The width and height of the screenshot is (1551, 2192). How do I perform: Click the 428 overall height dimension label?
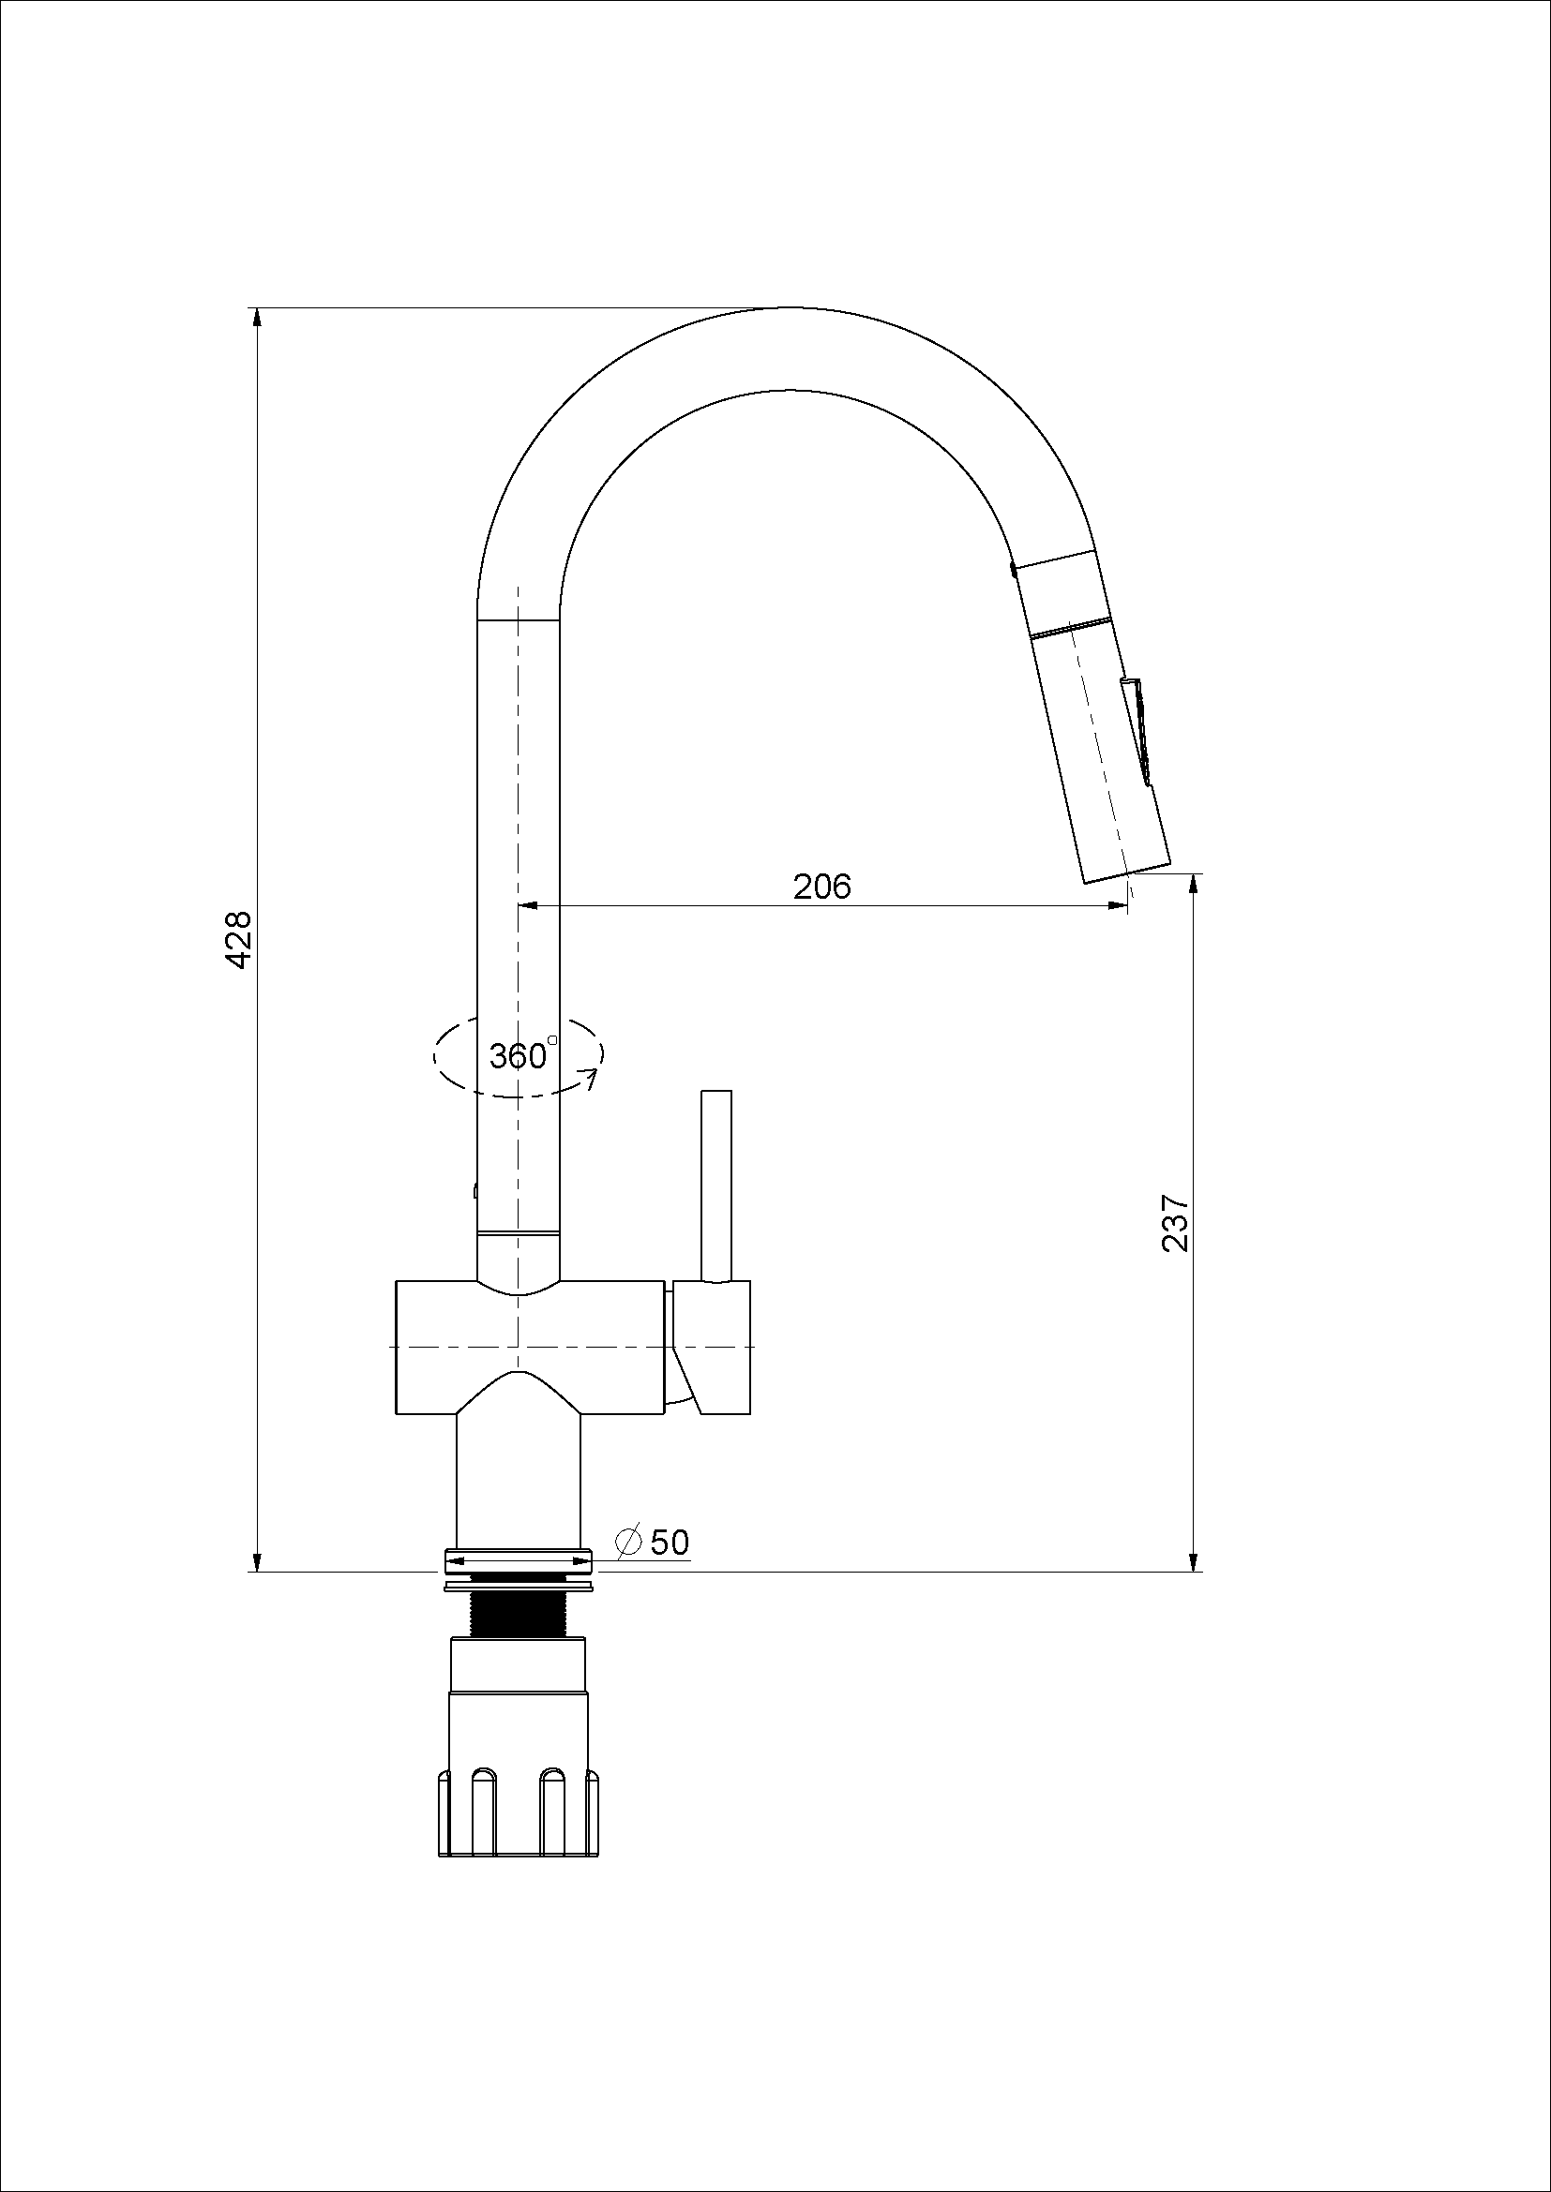239,939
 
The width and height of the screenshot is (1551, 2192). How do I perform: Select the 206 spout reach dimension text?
821,887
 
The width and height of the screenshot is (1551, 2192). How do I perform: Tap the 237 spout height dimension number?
1175,1223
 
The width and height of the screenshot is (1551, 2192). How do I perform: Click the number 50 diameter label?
669,1542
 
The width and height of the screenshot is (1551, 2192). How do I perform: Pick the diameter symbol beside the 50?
628,1542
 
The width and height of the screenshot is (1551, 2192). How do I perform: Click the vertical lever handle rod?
716,1185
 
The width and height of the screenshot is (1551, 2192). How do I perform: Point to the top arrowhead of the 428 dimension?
256,318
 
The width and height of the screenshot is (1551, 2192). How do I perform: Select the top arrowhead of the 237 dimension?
1193,884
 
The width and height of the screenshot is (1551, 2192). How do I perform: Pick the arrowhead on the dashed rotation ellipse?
592,1080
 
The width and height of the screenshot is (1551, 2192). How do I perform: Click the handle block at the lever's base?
711,1346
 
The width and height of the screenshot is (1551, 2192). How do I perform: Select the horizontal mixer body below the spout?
530,1346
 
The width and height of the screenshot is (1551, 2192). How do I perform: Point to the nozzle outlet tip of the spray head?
1127,874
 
